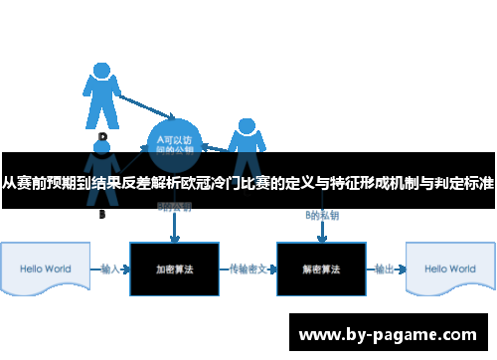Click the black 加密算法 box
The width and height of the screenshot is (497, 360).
pyautogui.click(x=174, y=270)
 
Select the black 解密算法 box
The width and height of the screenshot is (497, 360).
pyautogui.click(x=320, y=270)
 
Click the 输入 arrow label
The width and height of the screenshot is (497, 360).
pyautogui.click(x=111, y=269)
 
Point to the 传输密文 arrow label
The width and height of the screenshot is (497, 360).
pyautogui.click(x=247, y=269)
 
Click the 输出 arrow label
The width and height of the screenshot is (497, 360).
pyautogui.click(x=384, y=269)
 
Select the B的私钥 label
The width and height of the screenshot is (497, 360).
pyautogui.click(x=321, y=216)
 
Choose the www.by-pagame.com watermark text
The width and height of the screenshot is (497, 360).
pyautogui.click(x=390, y=333)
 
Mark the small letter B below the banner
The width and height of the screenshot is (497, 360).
pyautogui.click(x=101, y=214)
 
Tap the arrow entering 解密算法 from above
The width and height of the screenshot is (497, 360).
pyautogui.click(x=321, y=231)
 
